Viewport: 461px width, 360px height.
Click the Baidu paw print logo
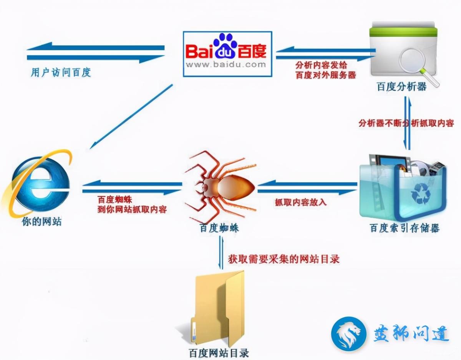pos(225,45)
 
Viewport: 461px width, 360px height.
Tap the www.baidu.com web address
pos(226,64)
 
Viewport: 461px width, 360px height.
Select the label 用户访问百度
pos(61,72)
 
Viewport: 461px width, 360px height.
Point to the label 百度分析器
pos(401,87)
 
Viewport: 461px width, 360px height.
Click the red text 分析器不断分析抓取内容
pos(406,123)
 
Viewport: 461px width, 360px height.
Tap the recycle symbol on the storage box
pos(420,193)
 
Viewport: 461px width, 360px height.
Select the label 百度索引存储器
pos(405,228)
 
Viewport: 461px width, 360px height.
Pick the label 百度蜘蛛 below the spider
pos(219,228)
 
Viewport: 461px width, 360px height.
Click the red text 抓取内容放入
pos(301,202)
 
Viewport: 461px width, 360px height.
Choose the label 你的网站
pos(42,221)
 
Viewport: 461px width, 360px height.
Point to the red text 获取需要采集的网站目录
pos(284,259)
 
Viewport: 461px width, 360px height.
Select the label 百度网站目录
pos(219,353)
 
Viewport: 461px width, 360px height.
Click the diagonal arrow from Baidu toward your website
pos(131,116)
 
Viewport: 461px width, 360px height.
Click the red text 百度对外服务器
pos(325,75)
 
